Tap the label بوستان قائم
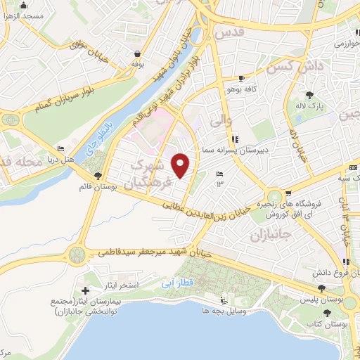point(98,187)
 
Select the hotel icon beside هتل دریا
point(60,148)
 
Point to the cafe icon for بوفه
point(137,53)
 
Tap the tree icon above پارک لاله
point(309,94)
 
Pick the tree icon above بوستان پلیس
point(321,288)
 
